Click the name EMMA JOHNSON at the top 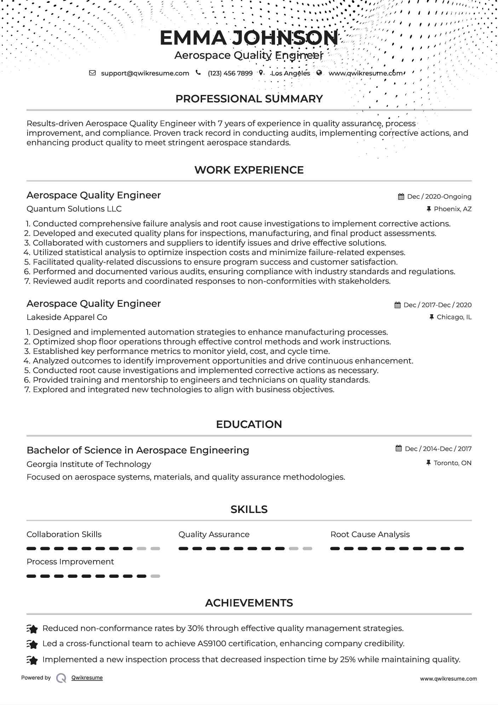(x=249, y=38)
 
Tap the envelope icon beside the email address (x=92, y=73)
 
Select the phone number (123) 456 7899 (x=230, y=73)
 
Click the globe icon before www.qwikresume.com (x=319, y=73)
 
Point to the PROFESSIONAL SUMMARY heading (x=249, y=99)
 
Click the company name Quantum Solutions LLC (x=74, y=209)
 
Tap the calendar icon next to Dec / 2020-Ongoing (x=401, y=197)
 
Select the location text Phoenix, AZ (x=453, y=209)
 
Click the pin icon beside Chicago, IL (x=431, y=317)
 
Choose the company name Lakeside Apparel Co (x=67, y=317)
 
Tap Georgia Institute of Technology (x=89, y=464)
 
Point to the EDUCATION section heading (x=249, y=424)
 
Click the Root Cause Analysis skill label (x=370, y=535)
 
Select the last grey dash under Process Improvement (x=155, y=576)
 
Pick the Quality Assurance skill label (x=214, y=535)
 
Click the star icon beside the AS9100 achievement (x=32, y=644)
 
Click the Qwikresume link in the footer (x=87, y=678)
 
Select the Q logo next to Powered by (x=61, y=678)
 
